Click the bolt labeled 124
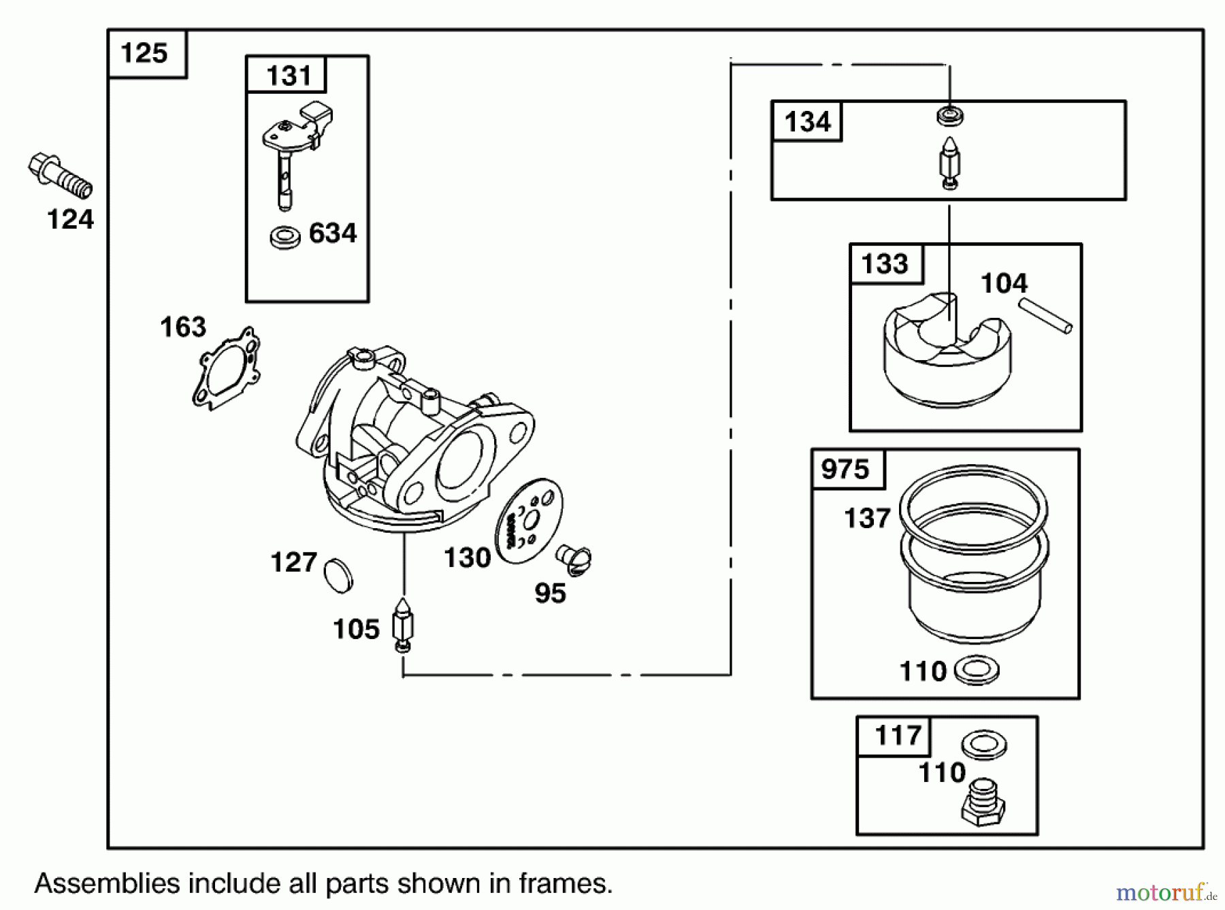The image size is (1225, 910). click(x=60, y=176)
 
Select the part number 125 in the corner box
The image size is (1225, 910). click(x=144, y=53)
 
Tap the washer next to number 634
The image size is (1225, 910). click(x=284, y=238)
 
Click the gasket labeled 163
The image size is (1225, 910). click(x=227, y=368)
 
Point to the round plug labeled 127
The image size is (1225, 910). click(x=338, y=575)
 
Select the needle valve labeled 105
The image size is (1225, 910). click(x=404, y=625)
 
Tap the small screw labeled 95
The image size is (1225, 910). click(x=573, y=559)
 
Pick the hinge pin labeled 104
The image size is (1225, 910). click(x=1045, y=318)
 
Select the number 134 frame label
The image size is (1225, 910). click(x=807, y=123)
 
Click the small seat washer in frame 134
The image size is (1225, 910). click(x=949, y=116)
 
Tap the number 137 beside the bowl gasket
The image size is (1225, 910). click(x=866, y=519)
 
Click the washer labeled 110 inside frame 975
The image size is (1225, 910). click(x=977, y=671)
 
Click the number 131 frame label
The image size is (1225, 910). click(x=288, y=76)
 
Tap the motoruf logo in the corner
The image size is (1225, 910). click(x=1165, y=891)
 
